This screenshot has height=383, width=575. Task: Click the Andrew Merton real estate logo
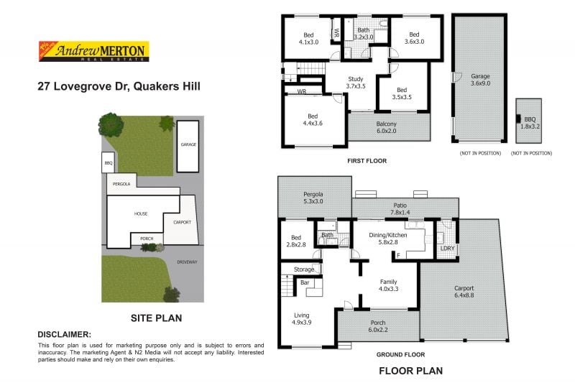[92, 51]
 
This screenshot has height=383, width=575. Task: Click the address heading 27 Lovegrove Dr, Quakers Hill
[119, 86]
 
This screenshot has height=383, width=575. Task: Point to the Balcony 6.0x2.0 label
[386, 127]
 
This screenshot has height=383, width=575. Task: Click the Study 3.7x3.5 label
[355, 83]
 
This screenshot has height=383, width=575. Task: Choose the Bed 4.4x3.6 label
[312, 119]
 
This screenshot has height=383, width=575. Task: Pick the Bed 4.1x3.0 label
[308, 38]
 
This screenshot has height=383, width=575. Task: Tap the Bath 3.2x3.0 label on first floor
[363, 34]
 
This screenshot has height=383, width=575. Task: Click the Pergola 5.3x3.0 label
[313, 198]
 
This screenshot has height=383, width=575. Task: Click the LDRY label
[447, 249]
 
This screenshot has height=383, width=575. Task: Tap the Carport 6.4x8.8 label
[464, 292]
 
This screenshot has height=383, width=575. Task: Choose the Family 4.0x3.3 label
[388, 285]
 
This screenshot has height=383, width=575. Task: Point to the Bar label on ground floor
[304, 283]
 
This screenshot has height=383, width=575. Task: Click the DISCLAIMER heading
[64, 334]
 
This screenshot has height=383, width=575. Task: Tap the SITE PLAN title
[155, 317]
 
